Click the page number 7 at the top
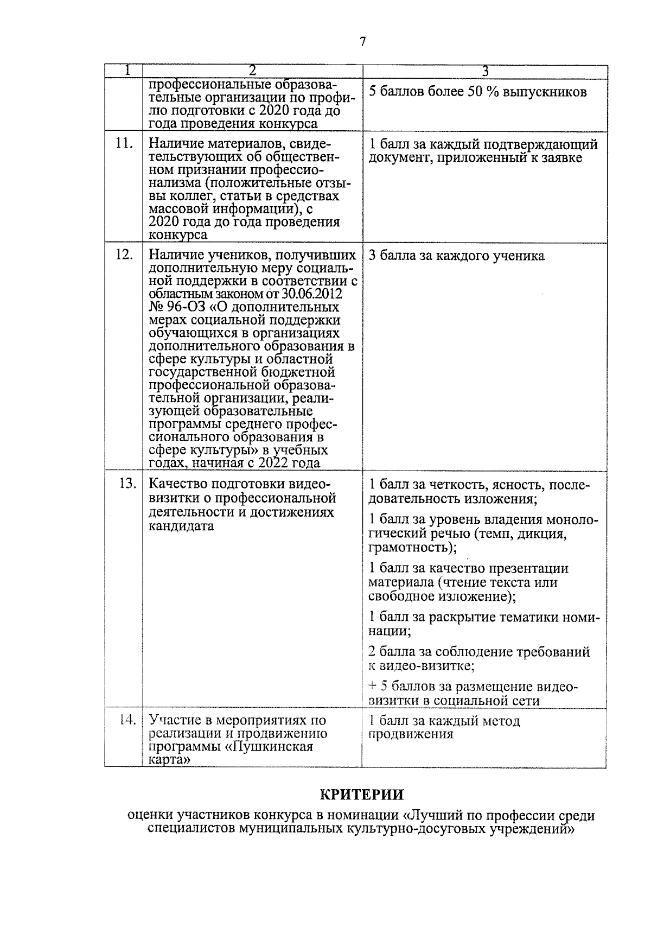click(x=362, y=42)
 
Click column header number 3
click(x=485, y=71)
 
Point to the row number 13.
click(x=127, y=484)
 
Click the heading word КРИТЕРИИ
click(x=362, y=795)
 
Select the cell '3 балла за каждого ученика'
click(x=456, y=256)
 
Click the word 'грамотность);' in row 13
click(x=412, y=547)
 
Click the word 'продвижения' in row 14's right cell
click(x=411, y=734)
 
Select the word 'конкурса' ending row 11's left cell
click(x=177, y=235)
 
